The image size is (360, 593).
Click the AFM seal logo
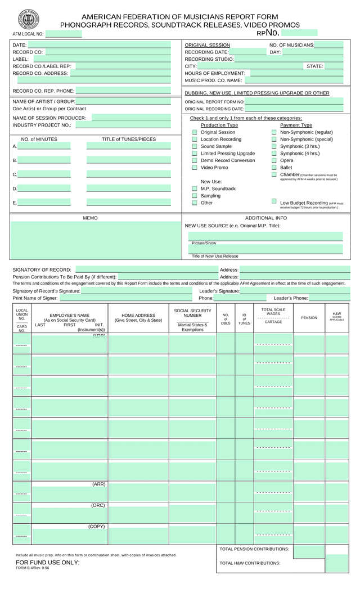pyautogui.click(x=29, y=20)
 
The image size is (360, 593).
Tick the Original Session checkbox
pyautogui.click(x=195, y=132)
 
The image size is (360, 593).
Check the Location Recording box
pyautogui.click(x=195, y=139)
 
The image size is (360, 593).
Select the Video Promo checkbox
pyautogui.click(x=195, y=167)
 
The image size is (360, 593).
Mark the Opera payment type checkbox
pyautogui.click(x=274, y=160)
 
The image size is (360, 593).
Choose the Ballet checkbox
pyautogui.click(x=274, y=167)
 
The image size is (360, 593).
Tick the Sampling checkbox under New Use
pyautogui.click(x=195, y=196)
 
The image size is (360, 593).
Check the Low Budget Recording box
pyautogui.click(x=274, y=201)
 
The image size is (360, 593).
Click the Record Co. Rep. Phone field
pyautogui.click(x=123, y=91)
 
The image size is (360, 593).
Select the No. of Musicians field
pyautogui.click(x=328, y=45)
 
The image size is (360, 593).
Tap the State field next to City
pyautogui.click(x=334, y=66)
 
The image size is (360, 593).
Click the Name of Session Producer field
pyautogui.click(x=131, y=118)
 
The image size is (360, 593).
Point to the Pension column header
pyautogui.click(x=309, y=318)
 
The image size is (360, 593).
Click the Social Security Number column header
pyautogui.click(x=192, y=313)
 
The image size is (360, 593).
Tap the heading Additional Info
pyautogui.click(x=266, y=218)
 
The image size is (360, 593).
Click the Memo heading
pyautogui.click(x=90, y=218)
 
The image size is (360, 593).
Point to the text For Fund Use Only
pyautogui.click(x=48, y=562)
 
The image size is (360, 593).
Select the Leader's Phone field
pyautogui.click(x=329, y=298)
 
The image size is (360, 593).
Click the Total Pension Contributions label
pyautogui.click(x=254, y=549)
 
